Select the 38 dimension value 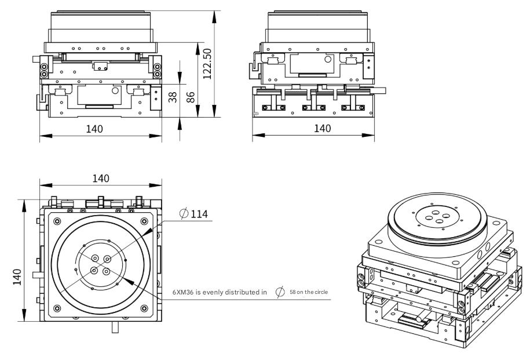coord(172,96)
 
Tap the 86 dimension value coord(189,96)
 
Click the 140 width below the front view coord(95,128)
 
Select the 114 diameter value coord(199,214)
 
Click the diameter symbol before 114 coord(184,214)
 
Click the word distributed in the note coord(242,292)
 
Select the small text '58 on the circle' coord(309,292)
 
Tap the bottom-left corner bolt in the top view coord(56,307)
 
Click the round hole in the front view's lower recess coord(116,91)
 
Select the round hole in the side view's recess coord(328,59)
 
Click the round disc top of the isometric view coord(437,220)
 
